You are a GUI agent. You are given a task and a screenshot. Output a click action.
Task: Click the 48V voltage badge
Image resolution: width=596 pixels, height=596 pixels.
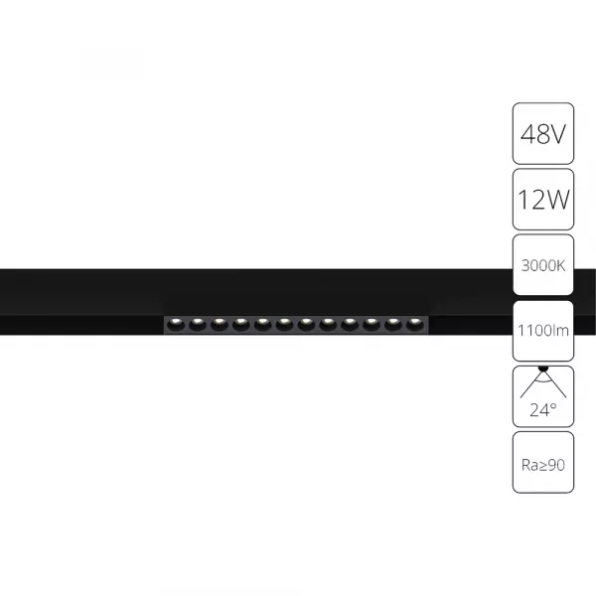[x=542, y=133]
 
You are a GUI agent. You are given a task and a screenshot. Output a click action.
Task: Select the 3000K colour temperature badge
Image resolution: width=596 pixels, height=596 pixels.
[x=542, y=266]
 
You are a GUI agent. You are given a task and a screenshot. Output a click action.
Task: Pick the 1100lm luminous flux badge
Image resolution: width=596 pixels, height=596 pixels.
[x=542, y=332]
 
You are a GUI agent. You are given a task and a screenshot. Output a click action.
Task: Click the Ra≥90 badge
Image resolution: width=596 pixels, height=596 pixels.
[x=542, y=463]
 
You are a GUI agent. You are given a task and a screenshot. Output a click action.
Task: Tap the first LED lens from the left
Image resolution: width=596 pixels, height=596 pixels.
[x=174, y=324]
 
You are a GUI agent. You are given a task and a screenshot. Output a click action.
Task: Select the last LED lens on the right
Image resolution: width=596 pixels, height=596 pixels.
[x=414, y=324]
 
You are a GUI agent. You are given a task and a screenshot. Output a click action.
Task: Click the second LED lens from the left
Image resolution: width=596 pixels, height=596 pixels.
[x=196, y=324]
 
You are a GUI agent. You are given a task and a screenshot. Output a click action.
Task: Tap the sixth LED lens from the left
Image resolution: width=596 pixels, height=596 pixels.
[x=283, y=324]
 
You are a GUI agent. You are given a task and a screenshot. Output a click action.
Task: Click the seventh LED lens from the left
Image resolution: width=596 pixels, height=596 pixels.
[x=305, y=324]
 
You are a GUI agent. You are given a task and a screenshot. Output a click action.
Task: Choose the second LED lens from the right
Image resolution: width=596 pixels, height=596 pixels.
[x=392, y=324]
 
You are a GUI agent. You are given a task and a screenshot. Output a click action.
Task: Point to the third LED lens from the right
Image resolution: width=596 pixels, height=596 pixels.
[x=371, y=324]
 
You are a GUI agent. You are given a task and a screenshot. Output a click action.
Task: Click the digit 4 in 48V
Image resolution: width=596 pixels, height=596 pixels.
[x=525, y=133]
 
